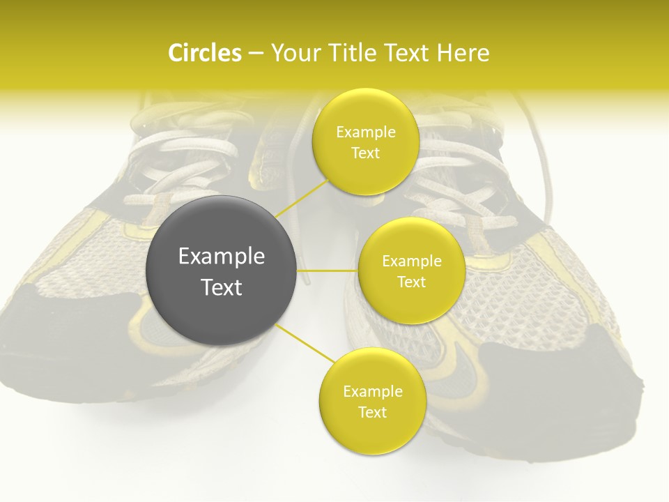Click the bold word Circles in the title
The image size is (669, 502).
click(x=204, y=53)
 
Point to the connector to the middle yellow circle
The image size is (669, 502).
click(x=328, y=271)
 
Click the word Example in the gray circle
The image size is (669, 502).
click(x=221, y=257)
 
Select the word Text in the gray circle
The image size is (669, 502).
click(x=221, y=287)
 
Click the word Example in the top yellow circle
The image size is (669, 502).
click(x=365, y=132)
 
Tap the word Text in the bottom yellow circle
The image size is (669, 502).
click(x=372, y=413)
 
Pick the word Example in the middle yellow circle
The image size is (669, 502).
click(x=411, y=261)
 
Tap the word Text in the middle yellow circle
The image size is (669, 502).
click(x=411, y=282)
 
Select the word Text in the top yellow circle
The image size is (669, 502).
click(x=365, y=153)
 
